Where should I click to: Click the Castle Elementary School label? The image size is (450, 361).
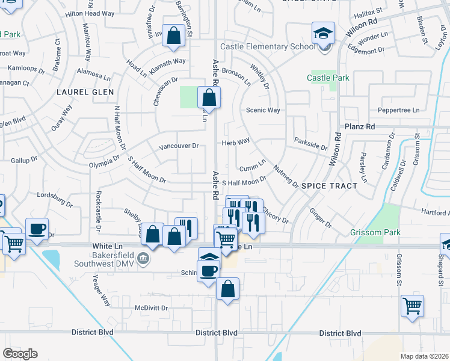coord(267,46)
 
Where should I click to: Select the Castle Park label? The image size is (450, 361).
coord(328,78)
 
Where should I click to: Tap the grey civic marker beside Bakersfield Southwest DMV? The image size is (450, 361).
coord(143,259)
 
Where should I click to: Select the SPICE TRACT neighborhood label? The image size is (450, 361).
coord(329,186)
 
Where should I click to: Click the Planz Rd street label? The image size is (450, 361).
coord(360,127)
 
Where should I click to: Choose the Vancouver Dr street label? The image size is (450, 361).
coord(178,146)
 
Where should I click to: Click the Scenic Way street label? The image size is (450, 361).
coord(263,110)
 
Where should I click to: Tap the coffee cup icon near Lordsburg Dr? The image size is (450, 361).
coord(37,229)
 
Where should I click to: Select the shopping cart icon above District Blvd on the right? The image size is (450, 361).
coord(412,306)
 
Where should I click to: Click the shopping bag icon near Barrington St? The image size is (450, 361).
coord(173,35)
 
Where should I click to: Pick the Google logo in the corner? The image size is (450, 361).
coord(20,354)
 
